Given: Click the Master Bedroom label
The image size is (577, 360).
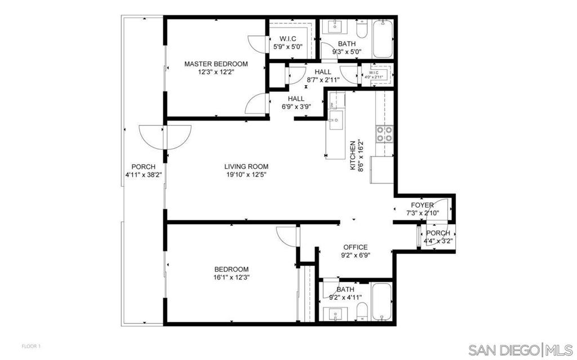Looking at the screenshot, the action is (x=216, y=64).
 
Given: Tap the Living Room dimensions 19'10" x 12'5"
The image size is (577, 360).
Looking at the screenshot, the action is (x=247, y=175).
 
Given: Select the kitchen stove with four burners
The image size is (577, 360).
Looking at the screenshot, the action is (x=384, y=134).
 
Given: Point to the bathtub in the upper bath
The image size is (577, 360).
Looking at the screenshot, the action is (x=383, y=39).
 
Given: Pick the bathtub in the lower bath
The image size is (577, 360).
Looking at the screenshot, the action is (x=382, y=301).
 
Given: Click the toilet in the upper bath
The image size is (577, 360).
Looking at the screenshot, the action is (x=362, y=29).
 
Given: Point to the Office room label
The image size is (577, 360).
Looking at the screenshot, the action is (x=356, y=247).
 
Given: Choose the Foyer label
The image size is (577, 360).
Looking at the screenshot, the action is (x=422, y=206).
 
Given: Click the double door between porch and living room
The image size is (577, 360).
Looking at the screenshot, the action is (x=165, y=137).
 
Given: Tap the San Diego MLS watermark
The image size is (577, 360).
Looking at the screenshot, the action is (x=521, y=349).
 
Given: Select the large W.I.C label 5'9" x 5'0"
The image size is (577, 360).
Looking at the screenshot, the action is (x=288, y=43).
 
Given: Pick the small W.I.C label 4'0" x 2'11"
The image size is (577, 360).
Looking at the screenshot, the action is (x=374, y=75).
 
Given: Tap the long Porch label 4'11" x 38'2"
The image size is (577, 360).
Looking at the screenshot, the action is (x=144, y=171).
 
